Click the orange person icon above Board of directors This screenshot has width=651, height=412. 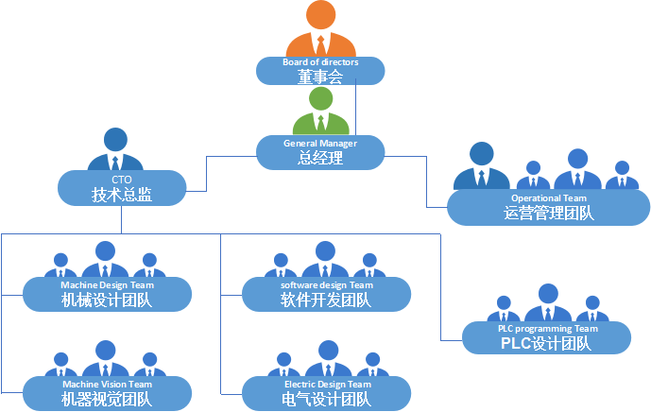pyautogui.click(x=320, y=30)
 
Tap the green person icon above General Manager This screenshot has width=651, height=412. pyautogui.click(x=320, y=112)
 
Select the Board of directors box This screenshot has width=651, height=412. pyautogui.click(x=320, y=72)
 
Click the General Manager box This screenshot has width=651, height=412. pyautogui.click(x=320, y=152)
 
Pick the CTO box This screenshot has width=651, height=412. pyautogui.click(x=121, y=187)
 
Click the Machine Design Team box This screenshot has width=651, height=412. pyautogui.click(x=106, y=294)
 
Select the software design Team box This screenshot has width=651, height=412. pyautogui.click(x=326, y=294)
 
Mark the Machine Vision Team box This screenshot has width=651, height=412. pyautogui.click(x=106, y=393)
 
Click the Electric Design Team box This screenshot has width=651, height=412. pyautogui.click(x=326, y=393)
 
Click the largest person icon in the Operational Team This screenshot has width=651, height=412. pyautogui.click(x=481, y=166)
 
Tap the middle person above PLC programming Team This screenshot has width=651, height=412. pyautogui.click(x=547, y=303)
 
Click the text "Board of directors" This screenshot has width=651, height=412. pyautogui.click(x=320, y=62)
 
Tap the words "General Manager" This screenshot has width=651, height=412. pyautogui.click(x=320, y=143)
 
